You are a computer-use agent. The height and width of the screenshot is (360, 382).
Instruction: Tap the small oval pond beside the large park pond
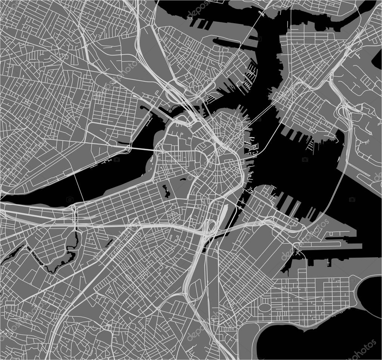pos(183,180)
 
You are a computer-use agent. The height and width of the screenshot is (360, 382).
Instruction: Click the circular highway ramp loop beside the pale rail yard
pos(210,227)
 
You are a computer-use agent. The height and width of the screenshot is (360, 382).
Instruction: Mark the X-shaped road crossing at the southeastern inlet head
pos(295,245)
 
